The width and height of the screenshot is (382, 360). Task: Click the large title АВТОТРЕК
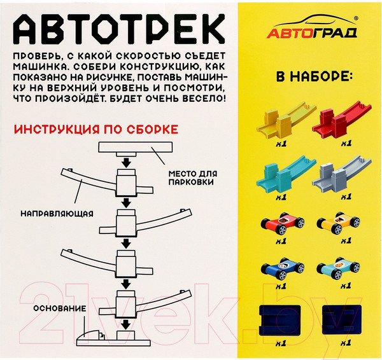[x=120, y=29]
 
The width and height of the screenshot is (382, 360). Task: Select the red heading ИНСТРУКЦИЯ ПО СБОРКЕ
[x=95, y=129]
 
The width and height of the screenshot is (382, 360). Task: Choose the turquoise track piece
[x=279, y=172]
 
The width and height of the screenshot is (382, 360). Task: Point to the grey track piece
[x=338, y=172]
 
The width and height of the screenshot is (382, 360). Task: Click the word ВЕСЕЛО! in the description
[x=208, y=100]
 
